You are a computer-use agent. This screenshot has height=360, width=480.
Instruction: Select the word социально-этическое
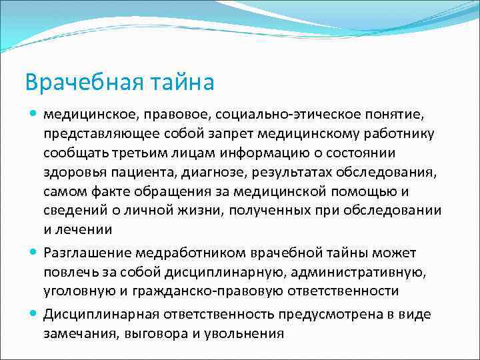click(271, 115)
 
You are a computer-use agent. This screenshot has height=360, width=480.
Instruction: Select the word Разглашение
click(87, 253)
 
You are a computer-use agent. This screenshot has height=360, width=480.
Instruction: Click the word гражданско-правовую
click(198, 291)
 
